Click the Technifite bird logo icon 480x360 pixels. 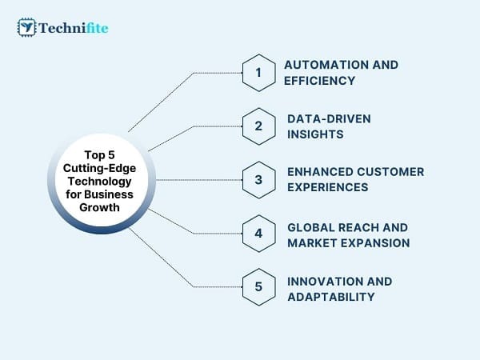pyautogui.click(x=26, y=27)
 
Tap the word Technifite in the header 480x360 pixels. pyautogui.click(x=74, y=28)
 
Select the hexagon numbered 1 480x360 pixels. pyautogui.click(x=259, y=73)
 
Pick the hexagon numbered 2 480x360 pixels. pyautogui.click(x=259, y=126)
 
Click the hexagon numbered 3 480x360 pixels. pyautogui.click(x=259, y=180)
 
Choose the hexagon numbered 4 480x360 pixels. pyautogui.click(x=259, y=234)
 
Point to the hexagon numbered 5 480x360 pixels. pyautogui.click(x=259, y=287)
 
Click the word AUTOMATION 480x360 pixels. pyautogui.click(x=326, y=65)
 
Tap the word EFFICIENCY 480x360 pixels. pyautogui.click(x=319, y=81)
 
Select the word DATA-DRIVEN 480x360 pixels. pyautogui.click(x=329, y=118)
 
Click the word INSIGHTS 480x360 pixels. pyautogui.click(x=315, y=134)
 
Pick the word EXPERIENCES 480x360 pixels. pyautogui.click(x=327, y=187)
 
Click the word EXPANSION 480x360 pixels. pyautogui.click(x=375, y=243)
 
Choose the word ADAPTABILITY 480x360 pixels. pyautogui.click(x=331, y=297)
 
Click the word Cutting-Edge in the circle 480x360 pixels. pyautogui.click(x=99, y=168)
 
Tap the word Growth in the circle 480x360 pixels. pyautogui.click(x=99, y=207)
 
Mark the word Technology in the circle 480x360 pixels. pyautogui.click(x=99, y=182)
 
